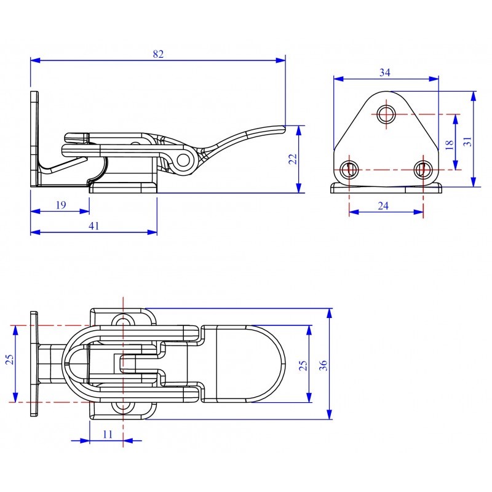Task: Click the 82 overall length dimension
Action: click(158, 54)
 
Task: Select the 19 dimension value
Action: click(61, 205)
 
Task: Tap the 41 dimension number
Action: click(94, 226)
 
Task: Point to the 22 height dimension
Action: click(293, 159)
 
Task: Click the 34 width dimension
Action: click(385, 73)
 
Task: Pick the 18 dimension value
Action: click(450, 145)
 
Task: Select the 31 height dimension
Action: click(467, 141)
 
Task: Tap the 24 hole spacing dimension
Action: click(383, 206)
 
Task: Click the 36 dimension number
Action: click(323, 365)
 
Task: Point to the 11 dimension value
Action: click(108, 434)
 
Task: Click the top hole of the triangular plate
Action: click(386, 114)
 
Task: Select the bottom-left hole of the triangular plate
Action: click(349, 170)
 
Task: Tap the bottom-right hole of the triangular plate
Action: click(423, 170)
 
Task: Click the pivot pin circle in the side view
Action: click(183, 160)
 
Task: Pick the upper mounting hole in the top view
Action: click(123, 322)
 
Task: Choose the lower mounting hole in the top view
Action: click(123, 407)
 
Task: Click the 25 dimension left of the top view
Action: click(10, 360)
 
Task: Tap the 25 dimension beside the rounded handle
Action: click(303, 365)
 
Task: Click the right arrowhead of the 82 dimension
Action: click(281, 60)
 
